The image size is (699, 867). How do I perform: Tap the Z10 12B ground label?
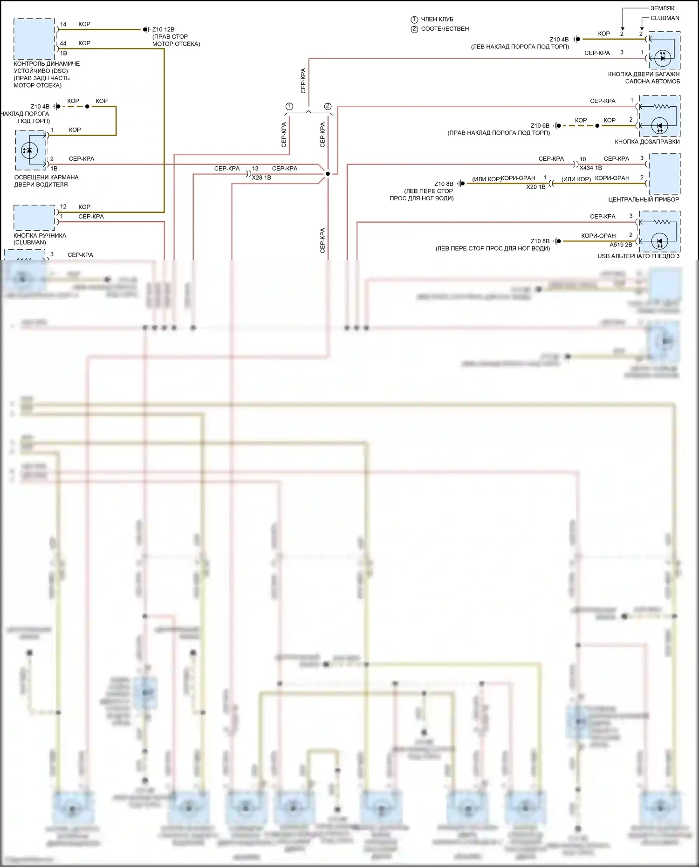click(x=163, y=29)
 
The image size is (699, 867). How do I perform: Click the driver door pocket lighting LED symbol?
click(x=30, y=150)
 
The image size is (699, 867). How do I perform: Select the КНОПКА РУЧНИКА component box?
click(x=34, y=218)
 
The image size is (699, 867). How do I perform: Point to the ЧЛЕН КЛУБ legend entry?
click(x=437, y=19)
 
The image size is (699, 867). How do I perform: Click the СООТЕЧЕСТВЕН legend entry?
click(x=445, y=29)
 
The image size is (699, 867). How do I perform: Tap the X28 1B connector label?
click(x=261, y=177)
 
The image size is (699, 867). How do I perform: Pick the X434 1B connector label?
click(x=590, y=168)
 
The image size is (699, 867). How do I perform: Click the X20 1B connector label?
click(x=535, y=187)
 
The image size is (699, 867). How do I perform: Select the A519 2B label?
click(x=621, y=245)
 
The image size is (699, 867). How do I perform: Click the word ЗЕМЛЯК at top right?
click(x=662, y=8)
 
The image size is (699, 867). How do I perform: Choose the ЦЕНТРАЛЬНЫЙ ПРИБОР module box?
click(x=664, y=173)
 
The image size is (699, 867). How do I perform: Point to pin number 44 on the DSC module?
click(x=63, y=43)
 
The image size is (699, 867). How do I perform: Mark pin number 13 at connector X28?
click(x=255, y=169)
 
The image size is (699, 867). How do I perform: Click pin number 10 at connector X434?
click(x=582, y=159)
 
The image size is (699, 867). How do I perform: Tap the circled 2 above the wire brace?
click(x=328, y=106)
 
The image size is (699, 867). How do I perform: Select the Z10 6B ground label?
click(x=540, y=126)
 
